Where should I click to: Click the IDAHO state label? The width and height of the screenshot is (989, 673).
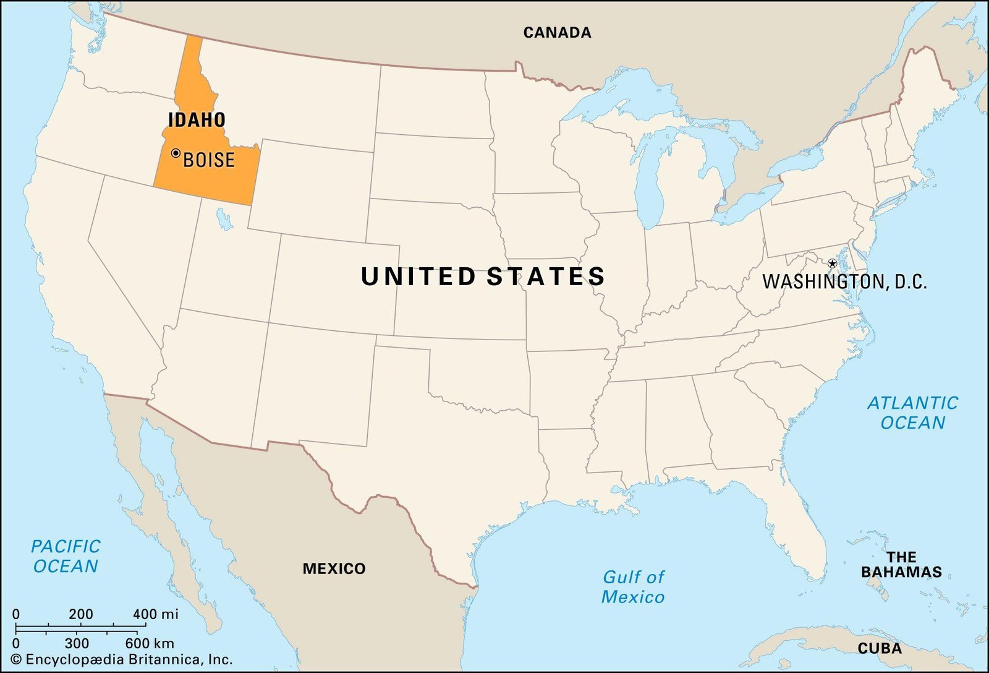[197, 120]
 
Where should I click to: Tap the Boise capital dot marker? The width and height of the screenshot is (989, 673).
[176, 153]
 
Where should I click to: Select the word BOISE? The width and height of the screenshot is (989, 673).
[209, 160]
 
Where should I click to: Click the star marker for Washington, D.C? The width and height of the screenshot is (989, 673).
[832, 264]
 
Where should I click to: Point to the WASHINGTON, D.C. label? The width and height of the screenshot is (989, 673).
[844, 282]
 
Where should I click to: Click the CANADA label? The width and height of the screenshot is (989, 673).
[557, 33]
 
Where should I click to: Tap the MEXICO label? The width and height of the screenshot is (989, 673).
[334, 568]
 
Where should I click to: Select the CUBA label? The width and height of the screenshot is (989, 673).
[879, 649]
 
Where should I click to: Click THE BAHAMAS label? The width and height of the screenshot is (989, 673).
[901, 565]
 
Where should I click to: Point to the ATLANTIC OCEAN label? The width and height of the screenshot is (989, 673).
[912, 413]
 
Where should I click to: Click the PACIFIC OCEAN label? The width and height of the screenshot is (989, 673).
[66, 556]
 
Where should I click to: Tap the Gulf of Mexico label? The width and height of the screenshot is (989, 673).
[633, 586]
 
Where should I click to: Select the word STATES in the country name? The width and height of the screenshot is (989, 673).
[545, 276]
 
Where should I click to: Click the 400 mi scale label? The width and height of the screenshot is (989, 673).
[156, 614]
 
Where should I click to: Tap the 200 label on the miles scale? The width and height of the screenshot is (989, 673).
[81, 614]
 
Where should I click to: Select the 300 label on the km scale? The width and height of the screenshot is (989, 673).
[77, 643]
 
